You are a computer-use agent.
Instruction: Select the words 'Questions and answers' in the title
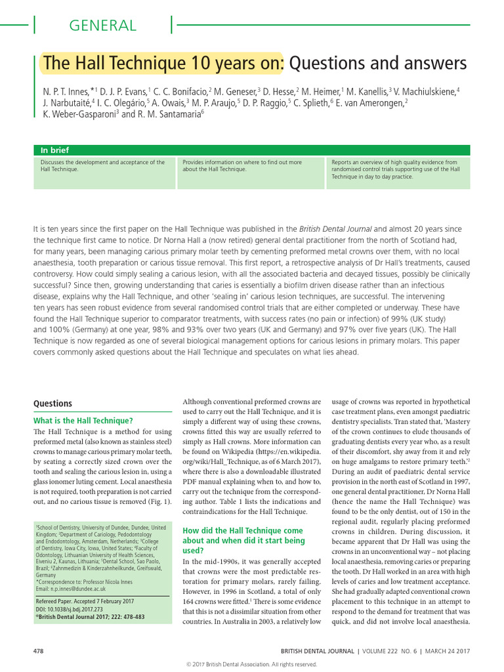pos(378,64)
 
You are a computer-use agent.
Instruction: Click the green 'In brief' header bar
pos(252,150)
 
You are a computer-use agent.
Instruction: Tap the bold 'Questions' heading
pos(52,404)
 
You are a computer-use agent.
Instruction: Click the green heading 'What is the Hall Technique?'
pos(83,420)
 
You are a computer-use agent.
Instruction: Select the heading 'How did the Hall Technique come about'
pos(242,540)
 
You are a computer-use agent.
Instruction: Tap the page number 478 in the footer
pos(38,650)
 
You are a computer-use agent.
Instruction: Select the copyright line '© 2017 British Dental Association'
pos(251,663)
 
